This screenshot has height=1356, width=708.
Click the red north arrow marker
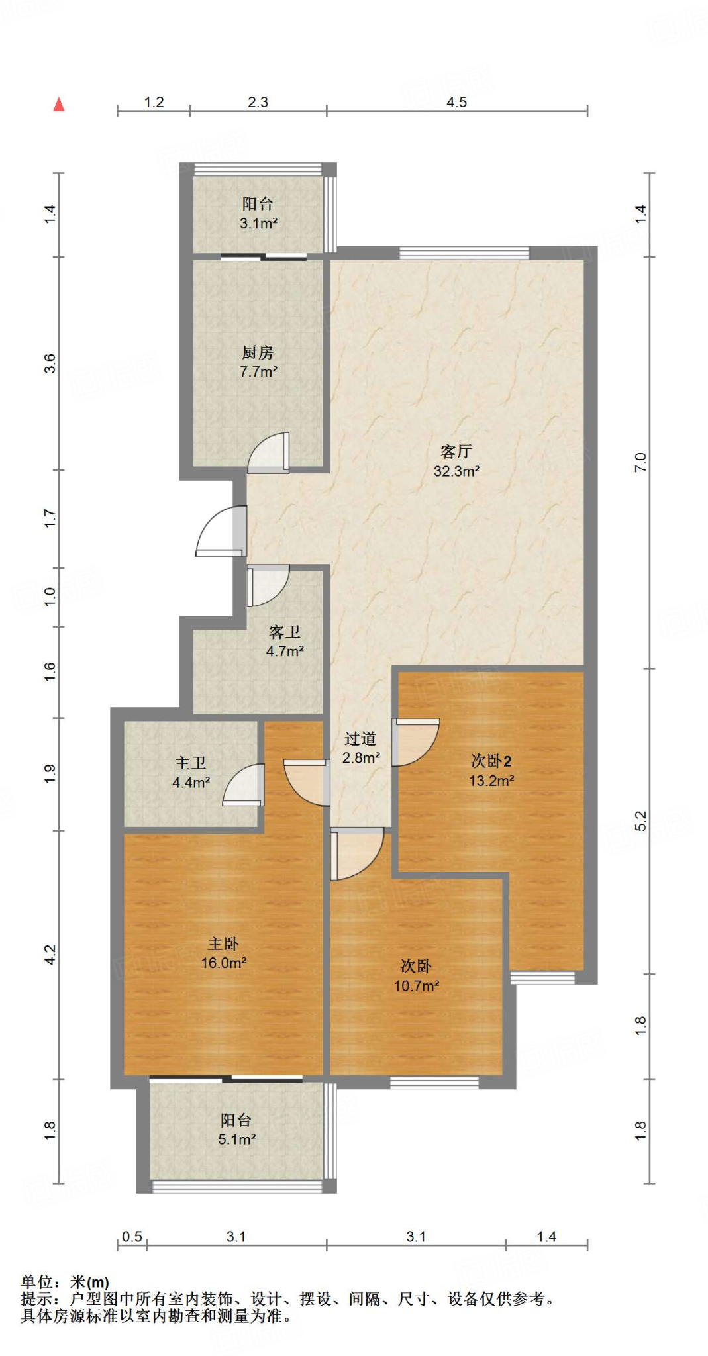tap(59, 104)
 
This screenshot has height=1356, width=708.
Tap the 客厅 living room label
tap(456, 452)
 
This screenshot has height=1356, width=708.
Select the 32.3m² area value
tap(456, 471)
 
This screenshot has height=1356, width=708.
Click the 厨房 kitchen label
tap(258, 352)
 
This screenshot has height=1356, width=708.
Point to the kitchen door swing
tap(268, 453)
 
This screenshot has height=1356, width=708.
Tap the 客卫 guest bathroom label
tap(285, 632)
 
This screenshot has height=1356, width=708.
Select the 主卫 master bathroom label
tap(191, 763)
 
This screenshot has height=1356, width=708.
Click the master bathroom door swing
tap(244, 785)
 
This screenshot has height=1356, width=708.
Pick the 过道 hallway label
tap(360, 738)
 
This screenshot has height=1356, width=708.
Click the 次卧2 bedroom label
tap(491, 761)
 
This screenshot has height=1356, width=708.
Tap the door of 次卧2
tap(416, 742)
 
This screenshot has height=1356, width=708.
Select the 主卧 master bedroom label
tap(223, 944)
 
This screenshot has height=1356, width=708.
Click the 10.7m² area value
tap(417, 986)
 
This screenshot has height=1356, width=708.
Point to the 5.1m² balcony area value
tap(237, 1139)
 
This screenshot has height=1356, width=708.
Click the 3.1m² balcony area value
tap(258, 224)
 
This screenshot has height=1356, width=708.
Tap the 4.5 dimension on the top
tap(456, 102)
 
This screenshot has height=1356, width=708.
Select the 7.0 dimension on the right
tap(640, 461)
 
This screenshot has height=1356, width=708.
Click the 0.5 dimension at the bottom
tap(132, 1236)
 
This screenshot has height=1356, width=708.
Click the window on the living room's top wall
tap(464, 253)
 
